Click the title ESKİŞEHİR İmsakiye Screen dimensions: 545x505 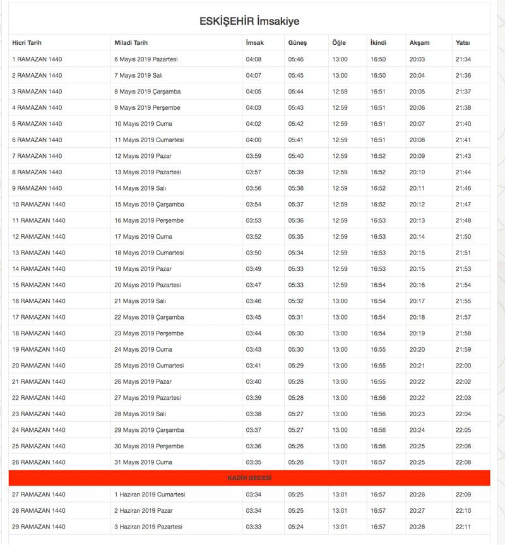coord(249,21)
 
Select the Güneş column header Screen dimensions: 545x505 coord(297,43)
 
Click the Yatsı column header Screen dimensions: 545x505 coord(463,43)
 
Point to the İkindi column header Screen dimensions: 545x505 coord(378,43)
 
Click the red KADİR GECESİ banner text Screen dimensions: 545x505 coord(249,478)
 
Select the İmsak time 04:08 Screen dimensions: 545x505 coord(254,59)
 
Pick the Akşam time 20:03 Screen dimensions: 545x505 coord(417,59)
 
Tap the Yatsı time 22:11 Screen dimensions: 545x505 coord(463,527)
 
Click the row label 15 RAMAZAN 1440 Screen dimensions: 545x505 coord(39,285)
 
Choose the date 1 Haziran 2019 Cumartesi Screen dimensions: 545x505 coord(150,494)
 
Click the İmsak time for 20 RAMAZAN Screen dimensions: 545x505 coord(254,366)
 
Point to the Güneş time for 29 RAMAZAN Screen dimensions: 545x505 coord(296,527)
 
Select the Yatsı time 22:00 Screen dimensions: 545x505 coord(463,366)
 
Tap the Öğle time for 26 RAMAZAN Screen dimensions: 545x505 coord(340,462)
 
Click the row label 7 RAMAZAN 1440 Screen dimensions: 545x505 coord(37,156)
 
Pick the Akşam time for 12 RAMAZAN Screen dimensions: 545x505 coord(417,237)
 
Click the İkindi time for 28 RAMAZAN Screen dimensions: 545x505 coord(378,510)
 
